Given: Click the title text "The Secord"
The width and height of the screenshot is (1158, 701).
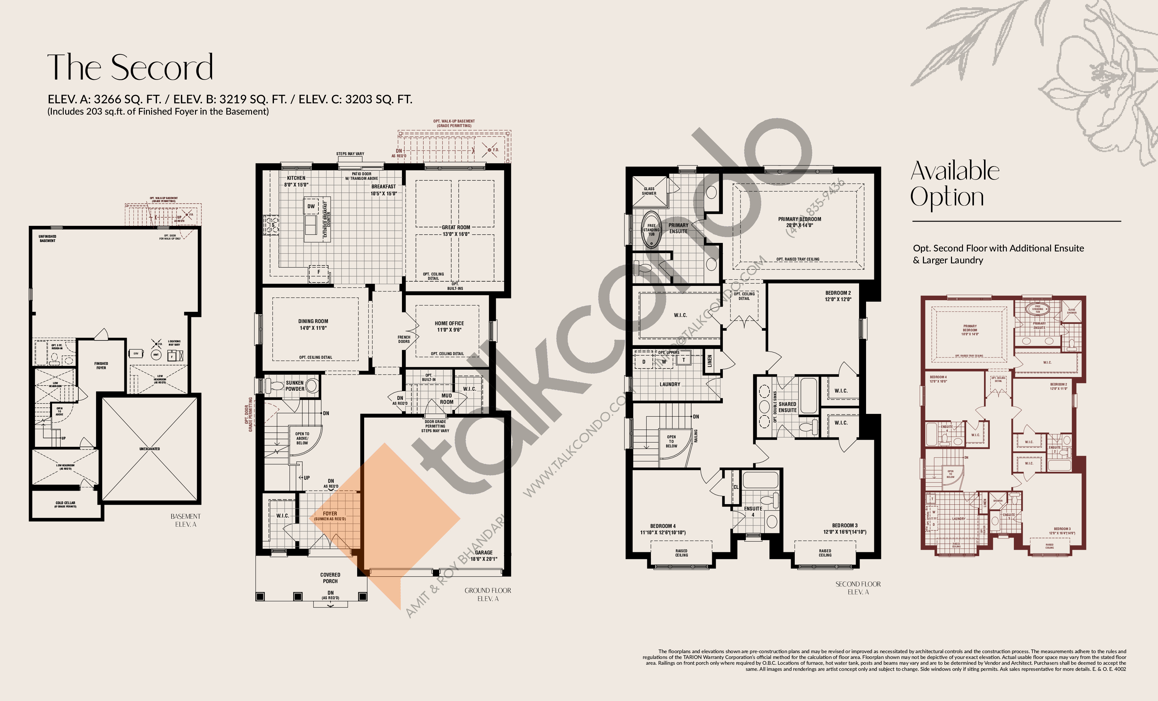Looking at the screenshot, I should (x=130, y=67).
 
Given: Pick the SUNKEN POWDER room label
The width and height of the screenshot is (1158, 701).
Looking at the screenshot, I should (x=295, y=386).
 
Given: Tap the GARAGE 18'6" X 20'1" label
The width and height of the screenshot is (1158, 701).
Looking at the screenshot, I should (x=484, y=556).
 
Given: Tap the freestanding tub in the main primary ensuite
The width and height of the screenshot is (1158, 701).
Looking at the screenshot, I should (x=652, y=230).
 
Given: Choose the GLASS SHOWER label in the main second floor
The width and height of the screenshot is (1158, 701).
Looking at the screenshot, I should (x=649, y=191).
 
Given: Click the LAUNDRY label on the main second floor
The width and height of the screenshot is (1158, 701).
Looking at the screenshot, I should (x=670, y=384).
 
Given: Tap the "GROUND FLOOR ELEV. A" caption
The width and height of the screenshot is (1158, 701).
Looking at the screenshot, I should (x=488, y=594).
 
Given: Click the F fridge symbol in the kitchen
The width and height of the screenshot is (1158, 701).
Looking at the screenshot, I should (x=319, y=272).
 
